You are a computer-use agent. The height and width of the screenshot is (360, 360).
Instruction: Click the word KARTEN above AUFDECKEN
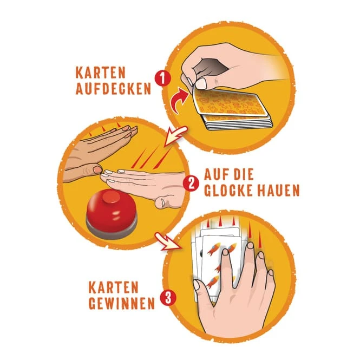click(x=100, y=73)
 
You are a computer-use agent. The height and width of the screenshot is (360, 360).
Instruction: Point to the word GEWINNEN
click(x=121, y=303)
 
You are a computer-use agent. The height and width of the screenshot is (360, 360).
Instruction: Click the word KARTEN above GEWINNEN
click(x=114, y=287)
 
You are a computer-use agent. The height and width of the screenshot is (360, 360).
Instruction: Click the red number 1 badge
click(x=163, y=78)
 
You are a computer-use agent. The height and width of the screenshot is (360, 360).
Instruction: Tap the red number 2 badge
click(x=191, y=183)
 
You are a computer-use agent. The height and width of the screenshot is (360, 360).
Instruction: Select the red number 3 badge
click(x=168, y=298)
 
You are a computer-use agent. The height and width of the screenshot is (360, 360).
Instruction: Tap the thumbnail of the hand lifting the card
click(x=202, y=83)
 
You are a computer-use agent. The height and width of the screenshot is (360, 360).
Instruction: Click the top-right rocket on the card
click(x=232, y=247)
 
